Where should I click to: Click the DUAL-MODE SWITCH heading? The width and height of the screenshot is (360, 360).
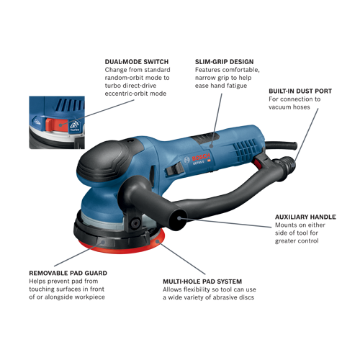point(137,62)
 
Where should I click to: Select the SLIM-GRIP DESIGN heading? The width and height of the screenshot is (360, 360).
point(224,62)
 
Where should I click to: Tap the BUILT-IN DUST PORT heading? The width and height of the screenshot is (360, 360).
point(300,91)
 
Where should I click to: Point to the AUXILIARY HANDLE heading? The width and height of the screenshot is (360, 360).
point(305,217)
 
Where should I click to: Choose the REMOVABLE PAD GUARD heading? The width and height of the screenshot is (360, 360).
point(68,273)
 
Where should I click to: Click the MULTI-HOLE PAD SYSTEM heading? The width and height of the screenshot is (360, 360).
point(202,282)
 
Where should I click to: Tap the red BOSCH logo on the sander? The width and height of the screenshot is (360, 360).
point(201,158)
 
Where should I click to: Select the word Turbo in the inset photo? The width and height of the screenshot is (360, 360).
point(75,130)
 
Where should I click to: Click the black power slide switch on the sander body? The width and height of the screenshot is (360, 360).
point(174,168)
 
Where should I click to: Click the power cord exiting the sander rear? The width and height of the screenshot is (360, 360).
point(281,145)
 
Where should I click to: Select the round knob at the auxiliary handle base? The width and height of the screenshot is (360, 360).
point(135,223)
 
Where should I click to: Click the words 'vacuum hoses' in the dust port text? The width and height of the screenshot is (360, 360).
point(289,107)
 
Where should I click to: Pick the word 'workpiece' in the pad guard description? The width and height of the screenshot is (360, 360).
point(90,297)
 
